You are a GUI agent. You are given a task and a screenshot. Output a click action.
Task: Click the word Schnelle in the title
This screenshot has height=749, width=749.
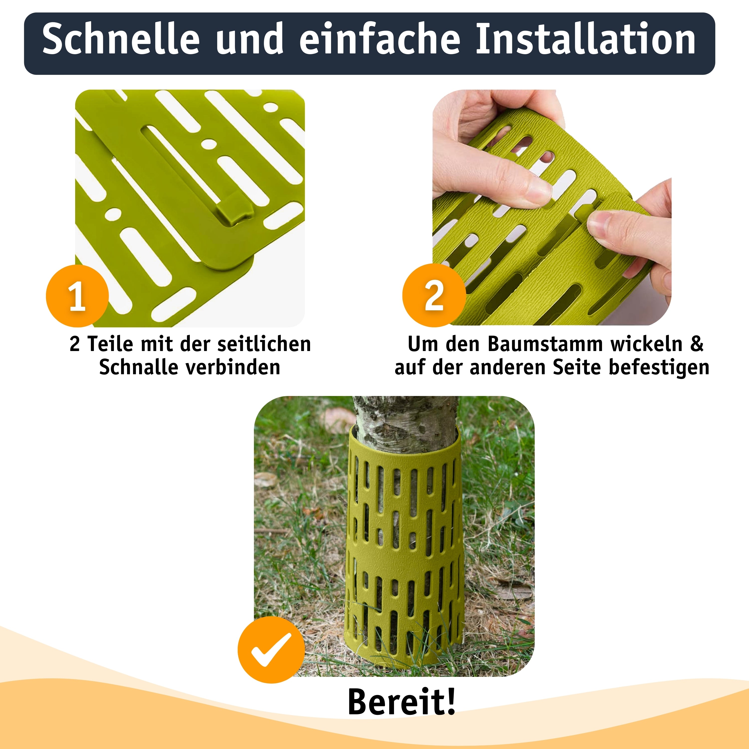(x=121, y=39)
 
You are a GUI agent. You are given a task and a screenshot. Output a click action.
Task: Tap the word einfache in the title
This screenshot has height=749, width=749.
(x=379, y=39)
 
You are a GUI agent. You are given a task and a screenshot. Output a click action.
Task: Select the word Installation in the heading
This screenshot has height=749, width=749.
(x=586, y=39)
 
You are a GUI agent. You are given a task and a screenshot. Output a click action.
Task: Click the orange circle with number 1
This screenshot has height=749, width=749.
(x=77, y=296)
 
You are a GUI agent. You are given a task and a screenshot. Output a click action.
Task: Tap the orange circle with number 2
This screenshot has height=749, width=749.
(x=434, y=295)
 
